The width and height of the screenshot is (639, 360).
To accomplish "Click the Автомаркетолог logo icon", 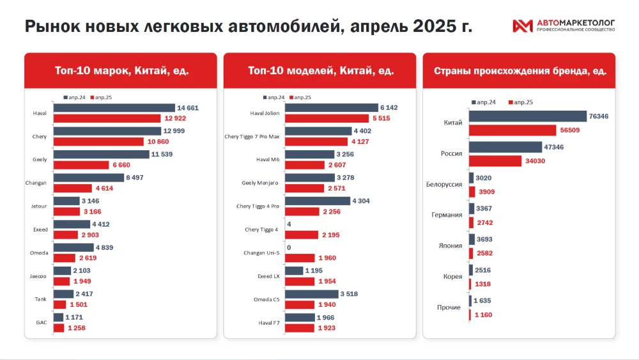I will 522,26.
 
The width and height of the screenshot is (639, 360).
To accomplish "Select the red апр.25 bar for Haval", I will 107,118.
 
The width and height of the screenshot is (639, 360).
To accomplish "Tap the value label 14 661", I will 189,108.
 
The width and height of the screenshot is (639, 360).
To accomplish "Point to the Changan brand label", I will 36,183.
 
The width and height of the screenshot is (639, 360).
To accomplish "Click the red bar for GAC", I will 58,328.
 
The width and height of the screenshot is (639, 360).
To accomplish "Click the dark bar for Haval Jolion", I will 331,108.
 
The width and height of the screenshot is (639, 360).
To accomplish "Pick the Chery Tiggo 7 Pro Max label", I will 252,136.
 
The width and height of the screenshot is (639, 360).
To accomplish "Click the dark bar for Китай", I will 527,116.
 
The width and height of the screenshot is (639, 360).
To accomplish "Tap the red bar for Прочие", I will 470,315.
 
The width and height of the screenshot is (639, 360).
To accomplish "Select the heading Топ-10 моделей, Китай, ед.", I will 321,70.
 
